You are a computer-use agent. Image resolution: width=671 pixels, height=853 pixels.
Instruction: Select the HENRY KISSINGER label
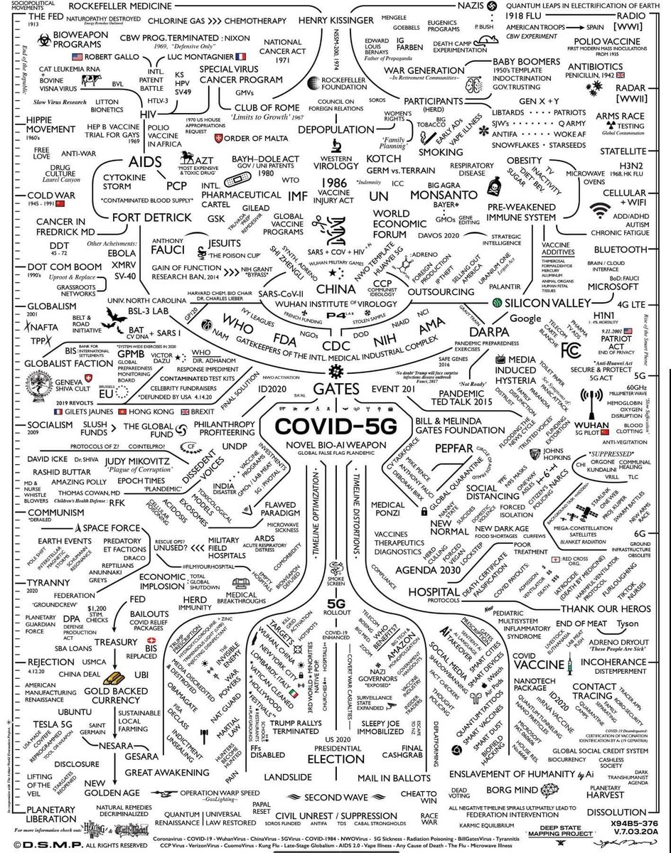click(x=334, y=20)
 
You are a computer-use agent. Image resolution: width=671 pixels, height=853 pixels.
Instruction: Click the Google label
click(x=525, y=318)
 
